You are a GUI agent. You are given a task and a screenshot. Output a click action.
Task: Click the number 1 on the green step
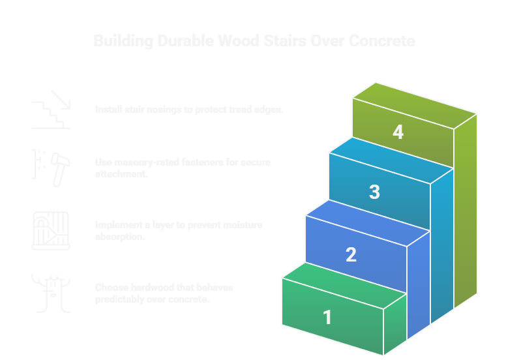[327, 317]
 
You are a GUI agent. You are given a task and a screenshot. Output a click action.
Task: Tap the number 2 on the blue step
[351, 254]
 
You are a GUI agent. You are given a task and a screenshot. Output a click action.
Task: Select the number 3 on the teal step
[374, 192]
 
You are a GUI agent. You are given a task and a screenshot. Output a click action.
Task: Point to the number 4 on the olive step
[398, 132]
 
